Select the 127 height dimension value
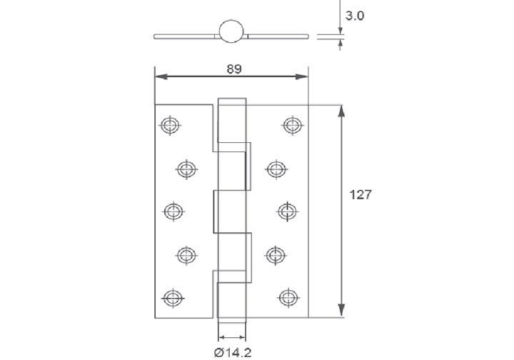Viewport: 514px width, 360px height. click(x=361, y=195)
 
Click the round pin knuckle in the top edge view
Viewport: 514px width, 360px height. click(x=231, y=31)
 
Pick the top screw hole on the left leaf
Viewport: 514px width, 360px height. click(x=169, y=126)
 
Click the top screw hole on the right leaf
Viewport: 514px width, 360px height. click(x=291, y=126)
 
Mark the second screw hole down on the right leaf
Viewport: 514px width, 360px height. click(x=276, y=169)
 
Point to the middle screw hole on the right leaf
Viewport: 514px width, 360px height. click(x=287, y=211)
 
